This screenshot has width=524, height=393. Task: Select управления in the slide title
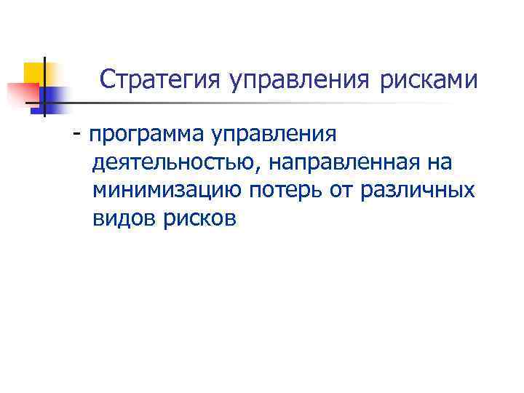300,81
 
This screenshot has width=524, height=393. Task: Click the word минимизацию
165,191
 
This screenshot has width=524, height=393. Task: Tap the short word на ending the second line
440,164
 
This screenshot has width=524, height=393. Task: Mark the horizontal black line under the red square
33,104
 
